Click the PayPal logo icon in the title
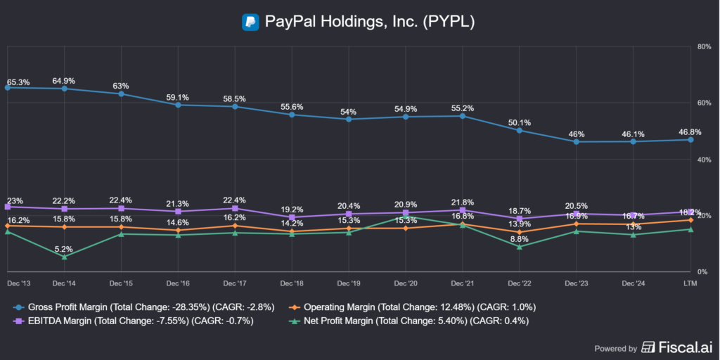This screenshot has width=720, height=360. point(250,22)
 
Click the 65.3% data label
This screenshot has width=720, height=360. point(18,83)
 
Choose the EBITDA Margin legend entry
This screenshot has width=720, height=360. point(134,321)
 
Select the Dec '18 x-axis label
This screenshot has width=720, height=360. point(292,283)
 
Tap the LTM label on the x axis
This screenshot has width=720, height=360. point(690,283)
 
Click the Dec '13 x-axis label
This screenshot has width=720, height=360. point(19,283)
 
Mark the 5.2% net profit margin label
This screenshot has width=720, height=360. point(63,249)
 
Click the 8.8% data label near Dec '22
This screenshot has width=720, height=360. point(519,239)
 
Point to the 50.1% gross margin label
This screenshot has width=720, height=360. point(520,122)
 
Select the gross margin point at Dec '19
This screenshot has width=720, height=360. point(349,120)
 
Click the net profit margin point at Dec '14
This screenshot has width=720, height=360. point(64,257)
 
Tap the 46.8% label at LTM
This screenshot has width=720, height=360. point(690,131)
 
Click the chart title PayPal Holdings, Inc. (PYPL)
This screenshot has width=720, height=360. point(370,22)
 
